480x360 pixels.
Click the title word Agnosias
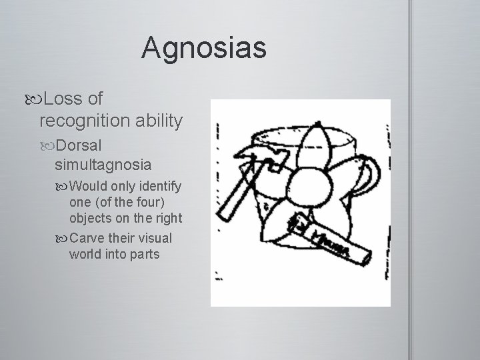tap(203, 49)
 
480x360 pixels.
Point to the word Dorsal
tap(79, 145)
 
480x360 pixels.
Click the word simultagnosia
tap(103, 164)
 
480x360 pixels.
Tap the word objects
tap(92, 219)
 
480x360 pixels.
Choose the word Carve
tap(87, 238)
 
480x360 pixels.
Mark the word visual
tap(155, 238)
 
